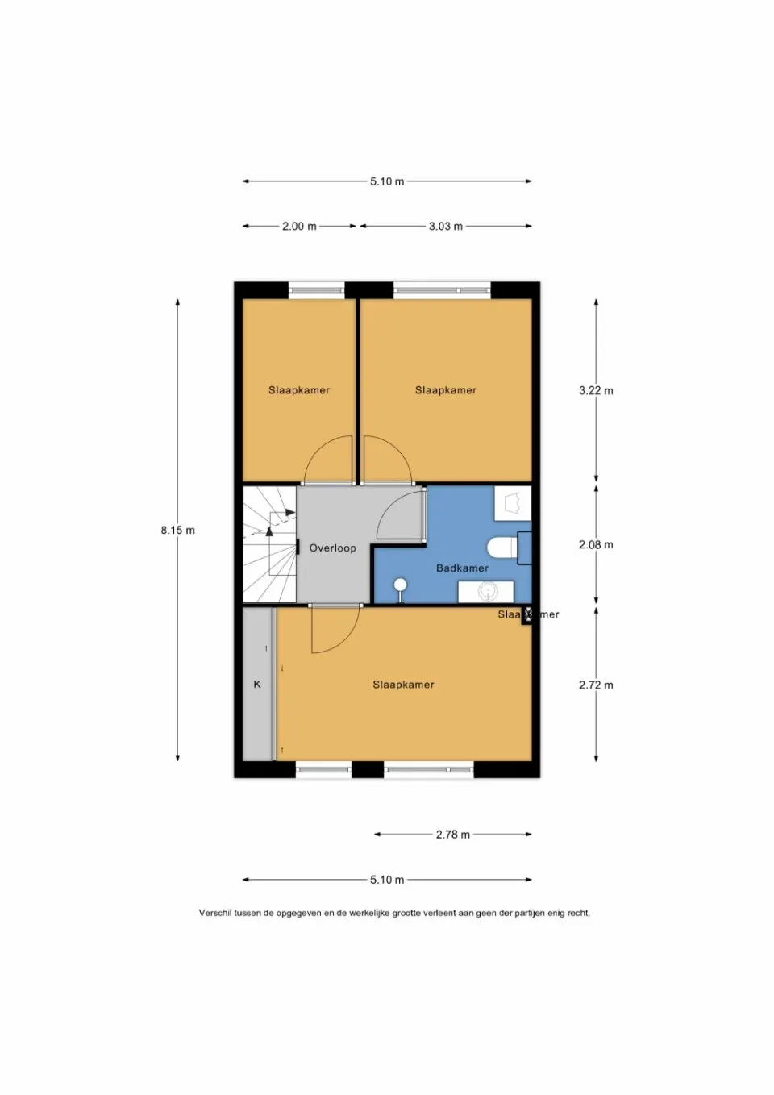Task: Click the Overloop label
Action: (x=332, y=548)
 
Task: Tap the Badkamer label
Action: (x=462, y=568)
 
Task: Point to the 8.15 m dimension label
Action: (x=177, y=531)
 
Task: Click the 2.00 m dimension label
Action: (x=299, y=227)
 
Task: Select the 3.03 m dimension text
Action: (x=445, y=227)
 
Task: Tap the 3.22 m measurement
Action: (x=596, y=391)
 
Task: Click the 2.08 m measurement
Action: (x=596, y=545)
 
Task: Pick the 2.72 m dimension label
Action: (x=596, y=685)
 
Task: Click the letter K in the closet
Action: (x=257, y=685)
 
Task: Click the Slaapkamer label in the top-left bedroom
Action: (x=299, y=390)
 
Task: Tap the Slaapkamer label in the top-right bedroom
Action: (x=446, y=390)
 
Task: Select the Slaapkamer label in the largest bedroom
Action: (x=403, y=685)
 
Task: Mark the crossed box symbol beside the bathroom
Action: (x=528, y=615)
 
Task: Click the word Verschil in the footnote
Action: (x=215, y=914)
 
